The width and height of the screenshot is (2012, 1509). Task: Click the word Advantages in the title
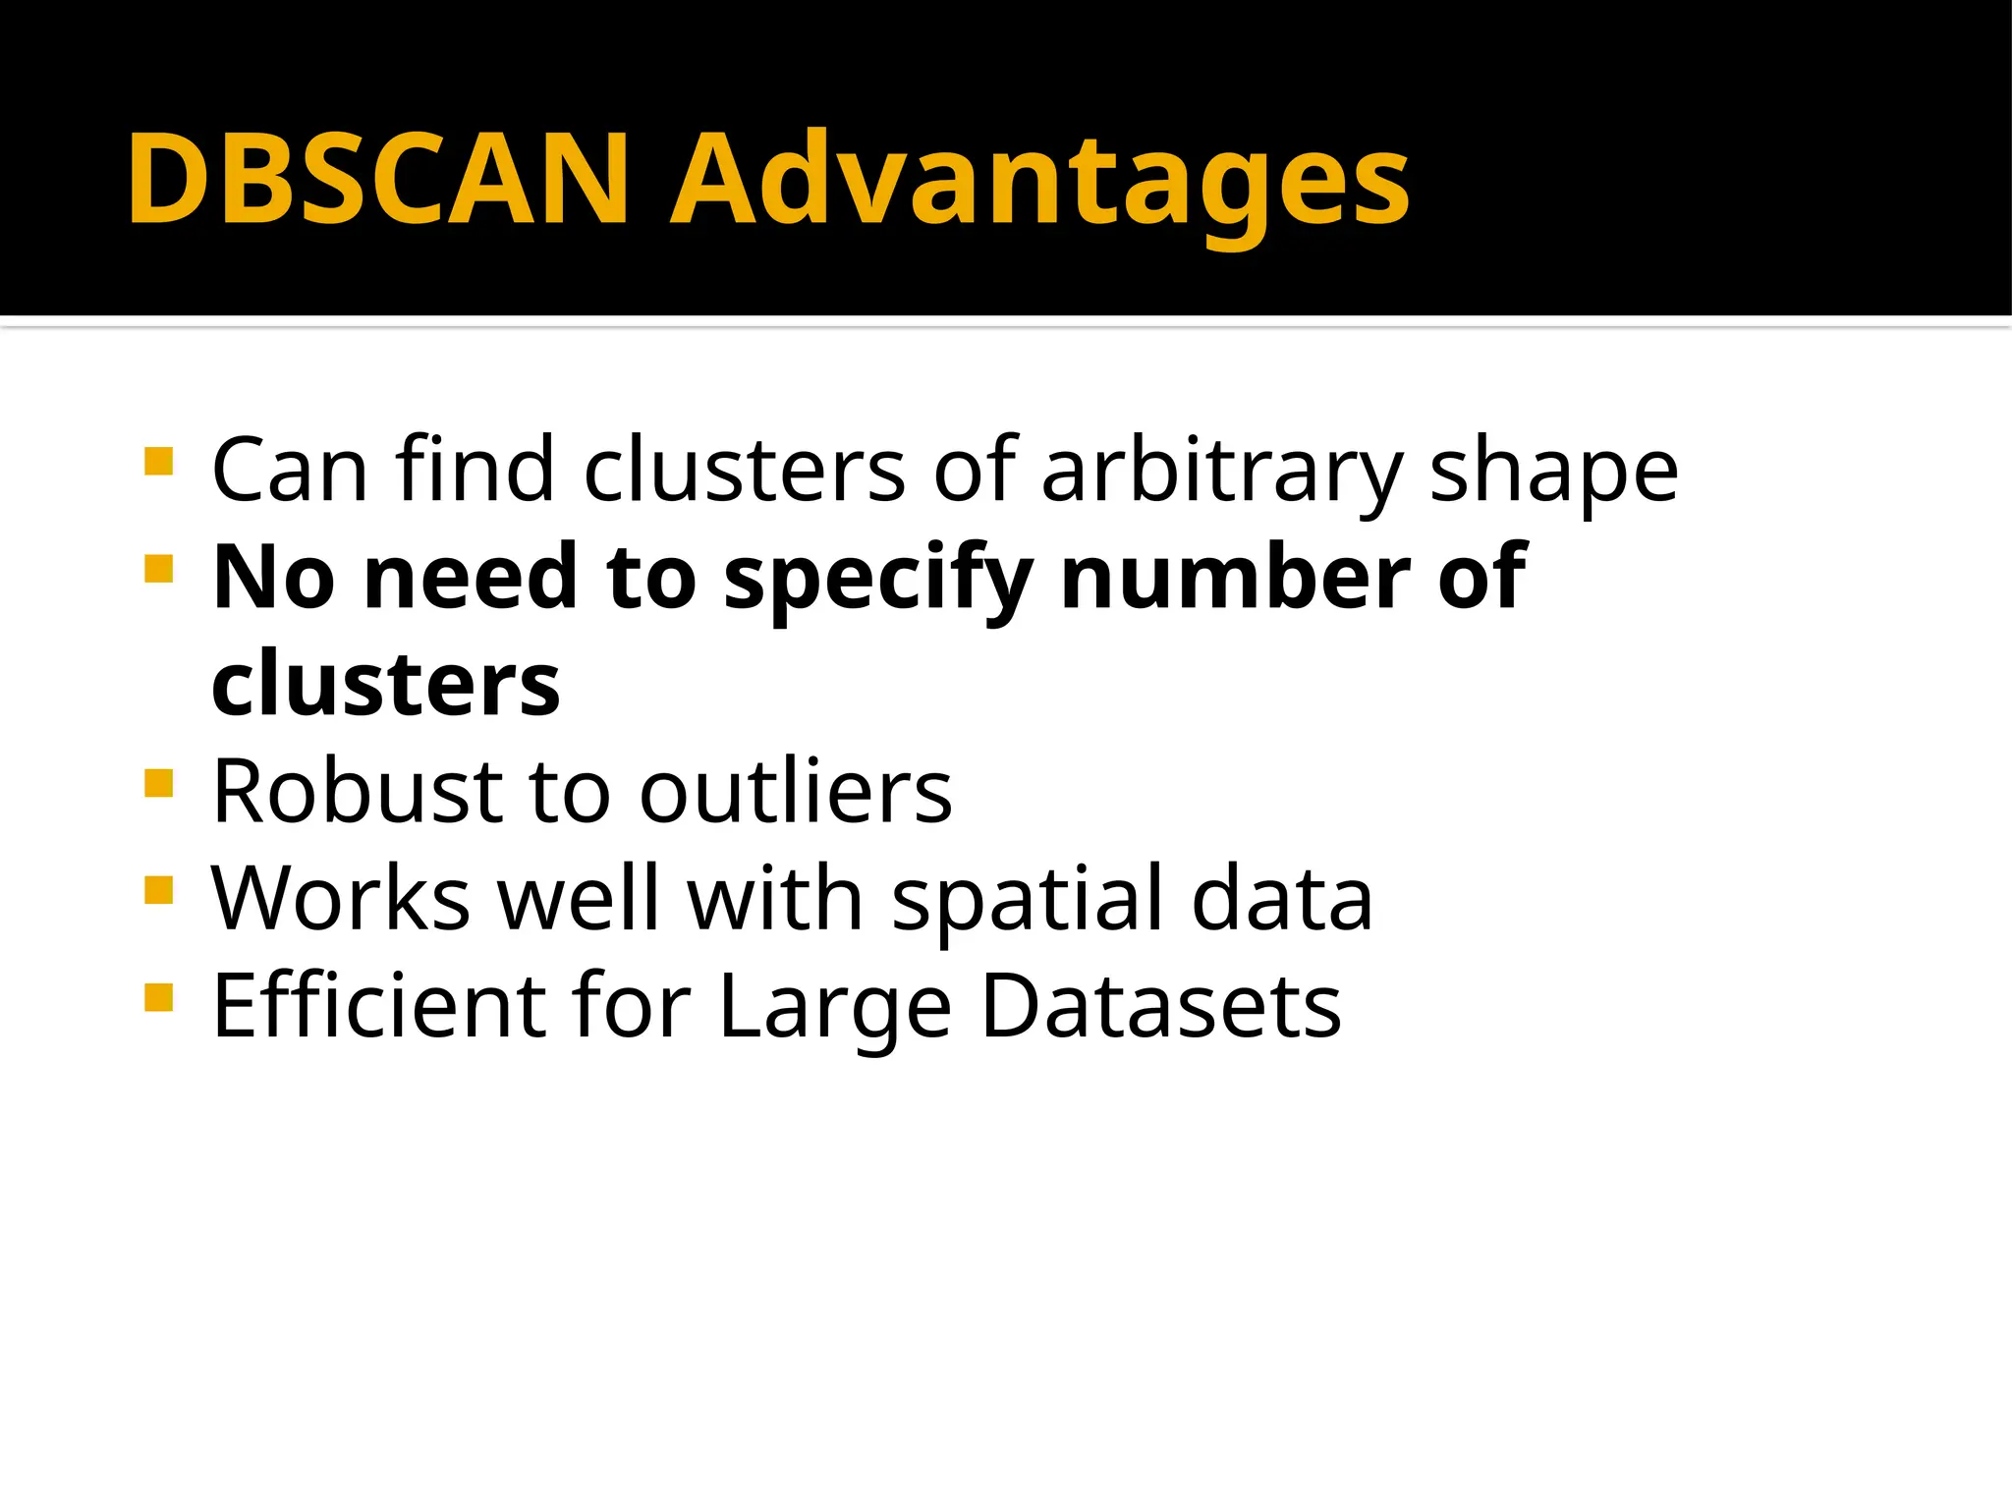pyautogui.click(x=1039, y=182)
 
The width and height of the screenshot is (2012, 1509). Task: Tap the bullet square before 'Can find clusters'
pyautogui.click(x=158, y=462)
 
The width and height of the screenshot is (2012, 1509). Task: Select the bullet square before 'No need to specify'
pyautogui.click(x=158, y=569)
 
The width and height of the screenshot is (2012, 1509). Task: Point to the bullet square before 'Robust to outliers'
pyautogui.click(x=158, y=783)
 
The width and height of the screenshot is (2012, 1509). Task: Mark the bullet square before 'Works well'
pyautogui.click(x=158, y=890)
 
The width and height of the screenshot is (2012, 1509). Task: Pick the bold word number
pyautogui.click(x=1236, y=578)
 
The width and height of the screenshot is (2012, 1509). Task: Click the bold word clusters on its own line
pyautogui.click(x=386, y=684)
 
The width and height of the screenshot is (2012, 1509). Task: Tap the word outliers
pyautogui.click(x=796, y=791)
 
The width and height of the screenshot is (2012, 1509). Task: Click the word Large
pyautogui.click(x=835, y=1007)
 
